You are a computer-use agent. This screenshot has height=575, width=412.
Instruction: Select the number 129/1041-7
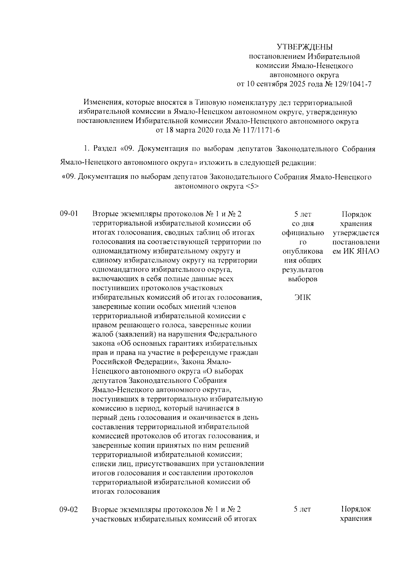(x=356, y=84)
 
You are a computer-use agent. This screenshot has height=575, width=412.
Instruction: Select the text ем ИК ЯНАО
(x=356, y=251)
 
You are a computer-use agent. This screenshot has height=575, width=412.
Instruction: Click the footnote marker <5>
(x=252, y=187)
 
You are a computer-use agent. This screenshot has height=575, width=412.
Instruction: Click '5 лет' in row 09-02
(x=302, y=509)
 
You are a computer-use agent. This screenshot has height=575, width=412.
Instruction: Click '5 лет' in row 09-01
(x=302, y=215)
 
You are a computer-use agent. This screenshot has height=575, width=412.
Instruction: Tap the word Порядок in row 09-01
(x=356, y=215)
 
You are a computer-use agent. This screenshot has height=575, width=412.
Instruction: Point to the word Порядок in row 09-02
(x=356, y=509)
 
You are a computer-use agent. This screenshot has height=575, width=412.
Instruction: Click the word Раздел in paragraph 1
(x=105, y=149)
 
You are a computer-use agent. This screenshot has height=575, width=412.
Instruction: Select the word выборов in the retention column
(x=302, y=279)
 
